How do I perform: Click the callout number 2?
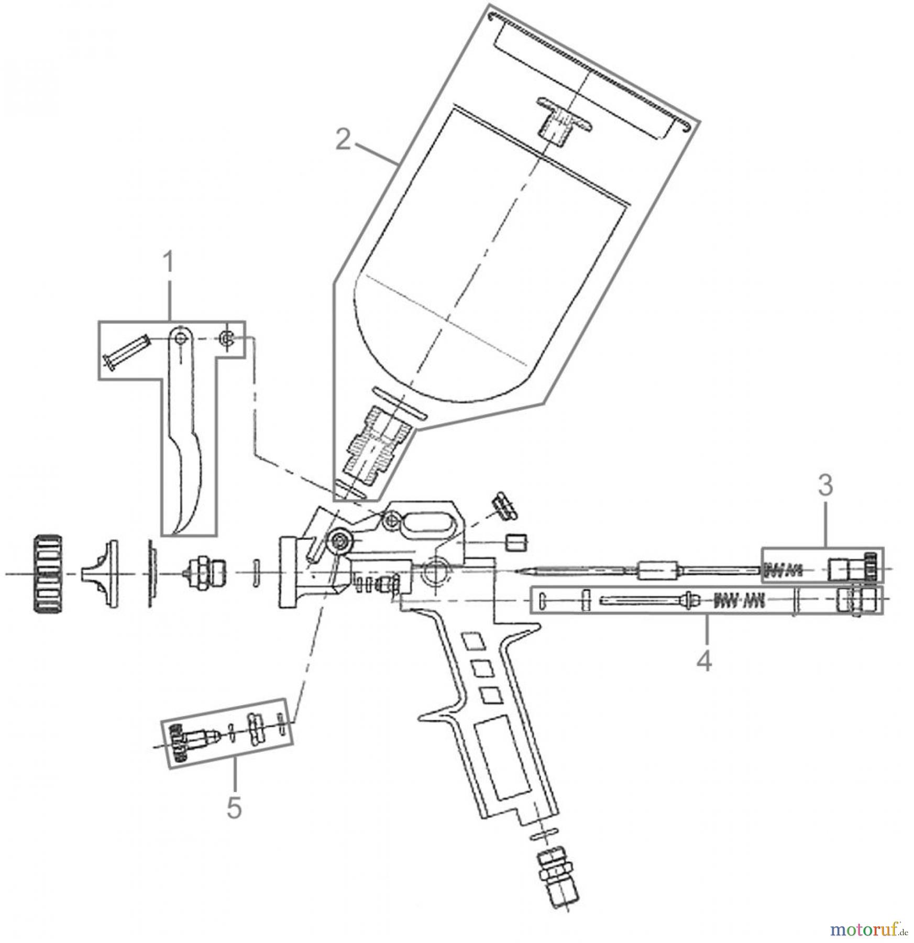(x=343, y=140)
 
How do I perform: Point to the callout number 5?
(x=234, y=822)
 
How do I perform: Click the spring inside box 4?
(x=739, y=600)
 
